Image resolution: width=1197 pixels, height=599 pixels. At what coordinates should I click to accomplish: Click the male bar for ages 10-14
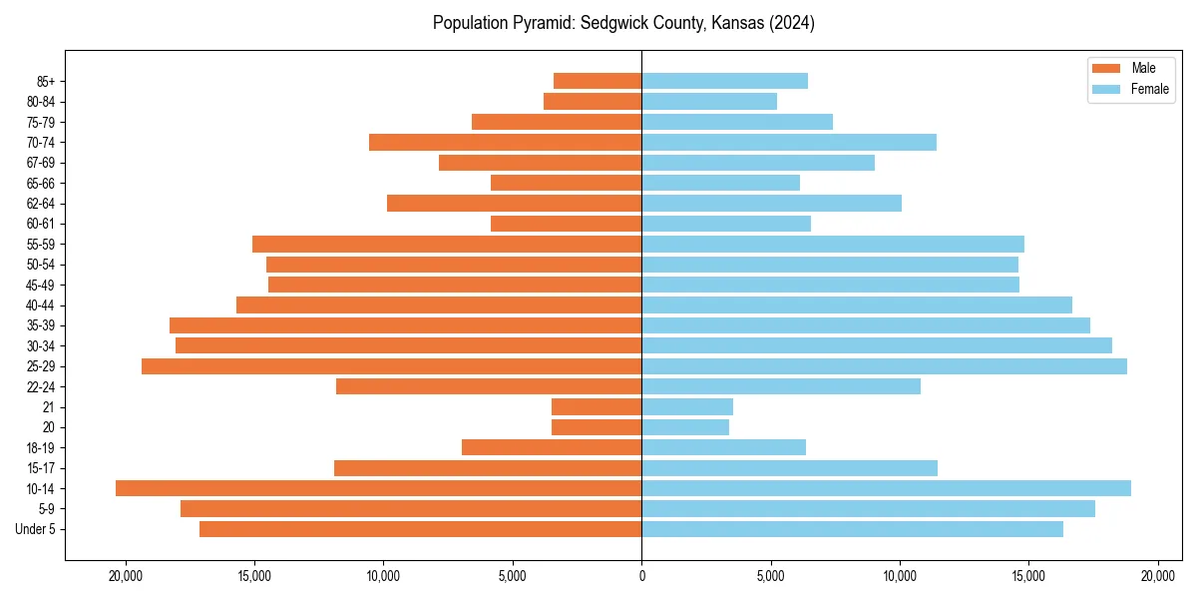pos(379,488)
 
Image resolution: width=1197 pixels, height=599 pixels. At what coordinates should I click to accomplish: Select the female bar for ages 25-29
pos(884,366)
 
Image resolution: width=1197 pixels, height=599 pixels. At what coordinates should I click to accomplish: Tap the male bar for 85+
pos(598,81)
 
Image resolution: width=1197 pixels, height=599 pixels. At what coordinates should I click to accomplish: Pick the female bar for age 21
pos(687,407)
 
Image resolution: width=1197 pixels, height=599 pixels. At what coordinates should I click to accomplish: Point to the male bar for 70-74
pos(506,142)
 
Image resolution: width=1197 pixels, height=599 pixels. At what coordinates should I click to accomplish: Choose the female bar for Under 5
pos(852,529)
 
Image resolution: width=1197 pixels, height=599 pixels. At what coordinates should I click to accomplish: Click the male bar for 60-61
pos(567,224)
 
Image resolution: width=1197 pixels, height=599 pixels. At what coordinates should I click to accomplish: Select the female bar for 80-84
pos(709,101)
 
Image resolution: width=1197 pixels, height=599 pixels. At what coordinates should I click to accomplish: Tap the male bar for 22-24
pos(489,386)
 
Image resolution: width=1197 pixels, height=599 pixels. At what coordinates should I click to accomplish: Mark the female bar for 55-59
pos(833,245)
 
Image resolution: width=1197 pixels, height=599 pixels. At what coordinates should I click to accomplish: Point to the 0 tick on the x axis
pos(641,576)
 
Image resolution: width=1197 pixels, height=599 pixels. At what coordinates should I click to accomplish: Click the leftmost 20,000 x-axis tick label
pos(126,576)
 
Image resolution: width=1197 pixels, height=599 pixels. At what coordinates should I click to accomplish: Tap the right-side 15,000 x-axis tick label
pos(1028,576)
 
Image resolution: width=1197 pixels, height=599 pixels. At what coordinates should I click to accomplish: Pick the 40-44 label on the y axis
pos(41,305)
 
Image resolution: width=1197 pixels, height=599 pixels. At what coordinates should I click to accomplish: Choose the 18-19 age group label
pos(41,448)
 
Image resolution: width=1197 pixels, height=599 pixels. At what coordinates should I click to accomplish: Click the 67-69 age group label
pos(41,163)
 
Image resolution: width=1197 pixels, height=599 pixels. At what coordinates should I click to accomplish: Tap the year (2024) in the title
pos(793,23)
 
